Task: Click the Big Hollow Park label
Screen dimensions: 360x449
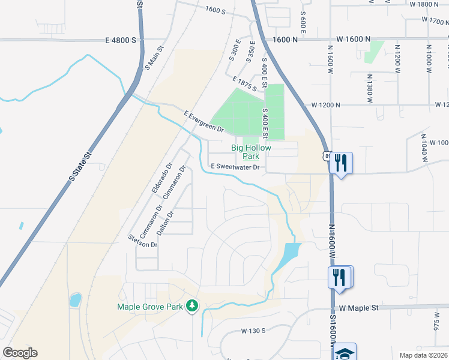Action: pyautogui.click(x=252, y=152)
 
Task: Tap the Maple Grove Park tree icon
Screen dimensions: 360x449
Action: pyautogui.click(x=192, y=306)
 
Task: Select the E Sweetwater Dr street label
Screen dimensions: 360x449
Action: pyautogui.click(x=234, y=167)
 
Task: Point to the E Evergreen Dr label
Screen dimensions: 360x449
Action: pyautogui.click(x=203, y=121)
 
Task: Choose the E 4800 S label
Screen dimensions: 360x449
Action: pyautogui.click(x=121, y=40)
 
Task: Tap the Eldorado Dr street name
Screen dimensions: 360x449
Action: pyautogui.click(x=161, y=178)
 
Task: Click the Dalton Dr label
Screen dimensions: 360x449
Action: pyautogui.click(x=164, y=222)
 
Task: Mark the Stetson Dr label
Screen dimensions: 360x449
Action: pyautogui.click(x=142, y=241)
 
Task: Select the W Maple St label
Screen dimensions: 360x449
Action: pyautogui.click(x=359, y=308)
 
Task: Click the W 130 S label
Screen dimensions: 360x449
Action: pyautogui.click(x=253, y=331)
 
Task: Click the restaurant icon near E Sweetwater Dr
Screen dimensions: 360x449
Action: pyautogui.click(x=340, y=163)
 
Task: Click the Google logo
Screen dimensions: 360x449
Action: pyautogui.click(x=20, y=353)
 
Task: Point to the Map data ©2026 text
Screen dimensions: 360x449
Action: pyautogui.click(x=421, y=355)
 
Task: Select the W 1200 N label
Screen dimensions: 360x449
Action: pyautogui.click(x=325, y=105)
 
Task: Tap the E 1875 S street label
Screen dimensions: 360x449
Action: pyautogui.click(x=245, y=84)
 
